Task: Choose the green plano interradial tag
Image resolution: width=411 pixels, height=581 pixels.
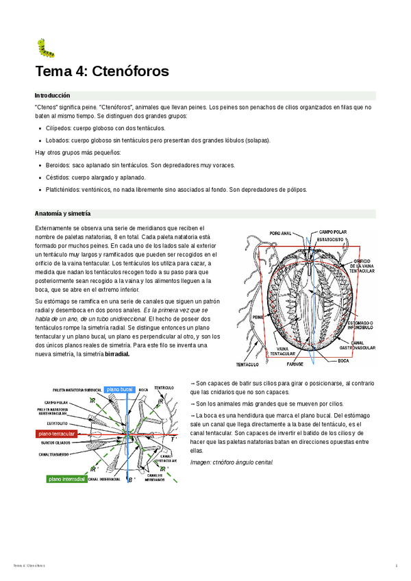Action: coord(64,479)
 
